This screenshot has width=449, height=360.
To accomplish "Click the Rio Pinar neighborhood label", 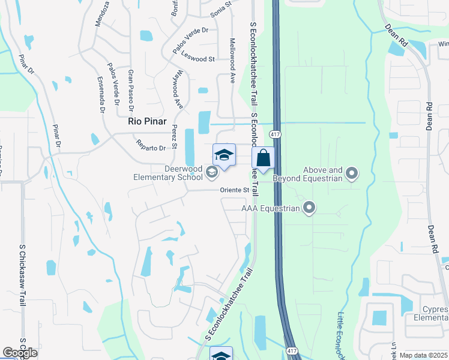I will tap(146, 121).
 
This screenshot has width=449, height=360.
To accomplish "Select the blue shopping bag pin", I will tap(263, 159).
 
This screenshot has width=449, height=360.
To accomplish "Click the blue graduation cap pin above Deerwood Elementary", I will tap(224, 155).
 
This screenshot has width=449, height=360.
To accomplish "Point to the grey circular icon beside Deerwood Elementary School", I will tap(211, 173).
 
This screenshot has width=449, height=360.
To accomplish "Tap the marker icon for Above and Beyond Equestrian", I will tap(352, 174).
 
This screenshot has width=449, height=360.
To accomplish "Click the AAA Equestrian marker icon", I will tap(309, 208).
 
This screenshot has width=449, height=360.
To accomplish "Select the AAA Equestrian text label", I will tap(270, 208).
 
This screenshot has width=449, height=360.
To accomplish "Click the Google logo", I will tap(20, 353).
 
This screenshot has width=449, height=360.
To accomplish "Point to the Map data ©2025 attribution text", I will tap(424, 355).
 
